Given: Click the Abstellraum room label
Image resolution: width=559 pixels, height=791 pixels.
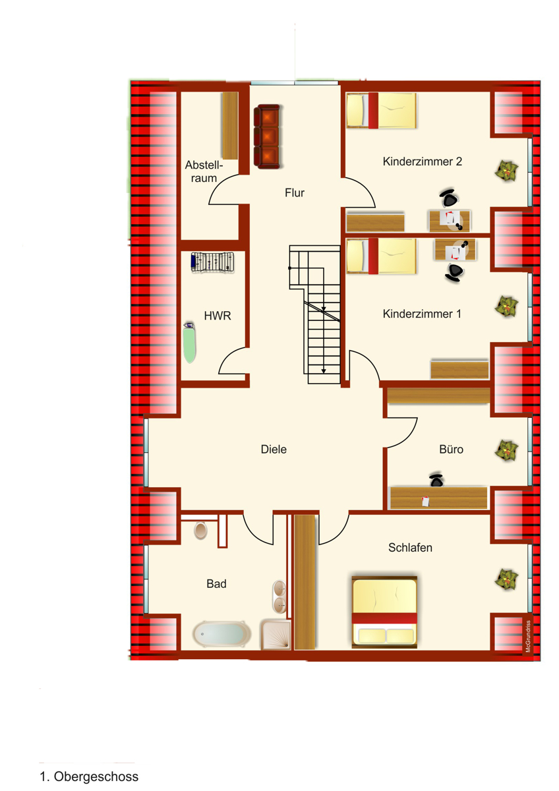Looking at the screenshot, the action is click(204, 171).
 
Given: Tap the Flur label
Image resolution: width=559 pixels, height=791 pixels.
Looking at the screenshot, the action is click(295, 192).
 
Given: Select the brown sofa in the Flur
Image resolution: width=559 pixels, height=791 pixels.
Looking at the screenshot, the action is click(267, 136).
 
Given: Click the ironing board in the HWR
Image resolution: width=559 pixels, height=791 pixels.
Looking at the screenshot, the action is click(190, 342).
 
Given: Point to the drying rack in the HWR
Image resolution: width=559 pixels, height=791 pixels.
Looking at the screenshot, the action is click(212, 262).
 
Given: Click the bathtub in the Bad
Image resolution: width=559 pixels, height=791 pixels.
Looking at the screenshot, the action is click(221, 634).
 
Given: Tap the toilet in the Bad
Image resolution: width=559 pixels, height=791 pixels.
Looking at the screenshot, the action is click(200, 530).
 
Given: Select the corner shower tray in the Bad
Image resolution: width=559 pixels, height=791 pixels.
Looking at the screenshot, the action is click(276, 635).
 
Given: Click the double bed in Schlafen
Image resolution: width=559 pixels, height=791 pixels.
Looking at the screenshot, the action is click(384, 612).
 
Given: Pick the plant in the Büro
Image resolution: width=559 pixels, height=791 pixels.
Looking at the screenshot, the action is click(506, 451).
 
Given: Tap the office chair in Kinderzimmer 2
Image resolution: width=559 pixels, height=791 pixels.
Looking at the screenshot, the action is click(449, 198).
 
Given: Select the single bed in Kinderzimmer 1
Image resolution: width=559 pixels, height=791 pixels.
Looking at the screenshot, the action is click(382, 256).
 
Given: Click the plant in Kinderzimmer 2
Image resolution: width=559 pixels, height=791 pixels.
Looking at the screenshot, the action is click(506, 171).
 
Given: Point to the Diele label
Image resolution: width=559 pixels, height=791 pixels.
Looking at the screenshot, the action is click(274, 449).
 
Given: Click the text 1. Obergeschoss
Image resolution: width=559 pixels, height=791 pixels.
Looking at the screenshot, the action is click(89, 776).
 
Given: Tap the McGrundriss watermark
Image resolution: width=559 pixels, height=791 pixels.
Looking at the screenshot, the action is click(528, 636).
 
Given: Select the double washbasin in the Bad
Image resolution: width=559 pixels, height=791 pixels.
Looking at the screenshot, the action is click(279, 597).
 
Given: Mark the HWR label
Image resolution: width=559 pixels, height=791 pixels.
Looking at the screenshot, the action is click(218, 316).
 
